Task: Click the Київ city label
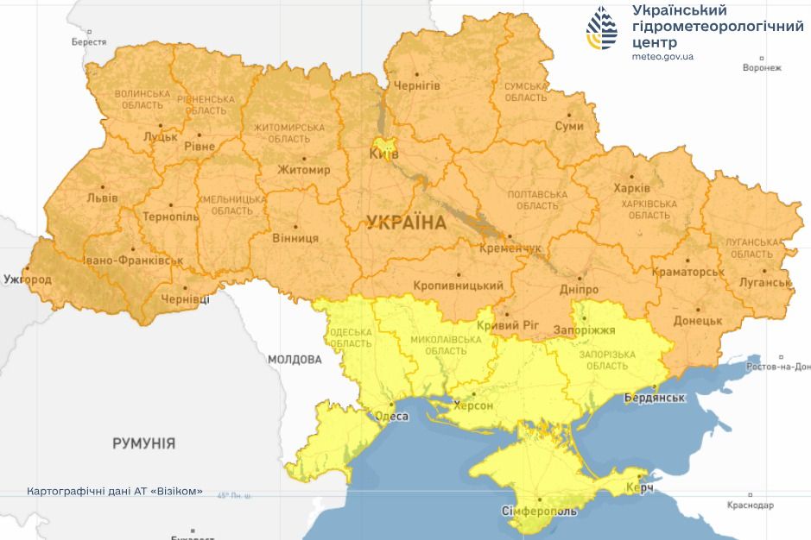383,154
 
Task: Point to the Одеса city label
390,416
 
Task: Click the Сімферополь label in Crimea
539,512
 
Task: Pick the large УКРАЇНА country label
406,223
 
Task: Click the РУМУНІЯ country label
143,443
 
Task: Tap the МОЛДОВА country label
294,359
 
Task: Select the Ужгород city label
27,279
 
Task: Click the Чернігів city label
417,85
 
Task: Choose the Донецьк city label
698,320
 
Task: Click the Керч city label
639,489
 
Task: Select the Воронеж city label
761,67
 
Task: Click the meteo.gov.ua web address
662,56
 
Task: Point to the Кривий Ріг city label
508,326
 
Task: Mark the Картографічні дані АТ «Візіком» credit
115,491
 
